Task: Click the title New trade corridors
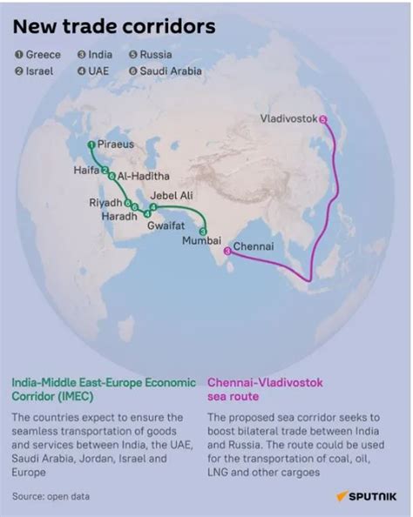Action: pos(113,27)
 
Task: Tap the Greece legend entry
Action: pos(37,55)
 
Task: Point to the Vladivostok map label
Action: pos(288,118)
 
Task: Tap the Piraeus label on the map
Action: pos(116,144)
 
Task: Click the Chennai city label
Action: pos(254,246)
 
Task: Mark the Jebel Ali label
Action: pos(172,196)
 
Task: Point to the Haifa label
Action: pos(86,171)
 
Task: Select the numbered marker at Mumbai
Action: pos(202,232)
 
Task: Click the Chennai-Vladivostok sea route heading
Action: pos(263,387)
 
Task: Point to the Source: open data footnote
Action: pos(51,496)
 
